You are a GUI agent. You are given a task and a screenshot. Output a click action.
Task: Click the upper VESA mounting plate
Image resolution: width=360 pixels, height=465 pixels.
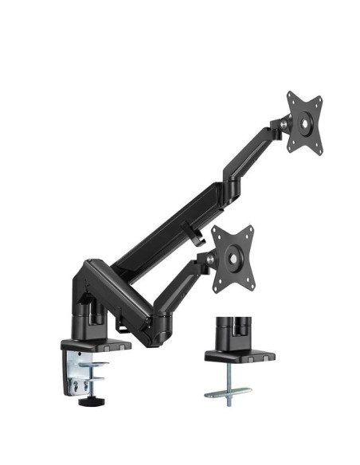304,123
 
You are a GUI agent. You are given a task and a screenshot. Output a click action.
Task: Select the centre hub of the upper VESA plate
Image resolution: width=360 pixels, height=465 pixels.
305,123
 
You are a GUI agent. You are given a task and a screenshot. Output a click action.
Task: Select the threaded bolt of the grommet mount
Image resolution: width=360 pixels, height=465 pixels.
227,382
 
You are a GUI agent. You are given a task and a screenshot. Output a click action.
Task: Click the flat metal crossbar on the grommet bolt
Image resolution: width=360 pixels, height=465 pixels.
227,393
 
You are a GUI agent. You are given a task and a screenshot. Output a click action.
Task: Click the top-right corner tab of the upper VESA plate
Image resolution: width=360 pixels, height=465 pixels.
320,99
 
